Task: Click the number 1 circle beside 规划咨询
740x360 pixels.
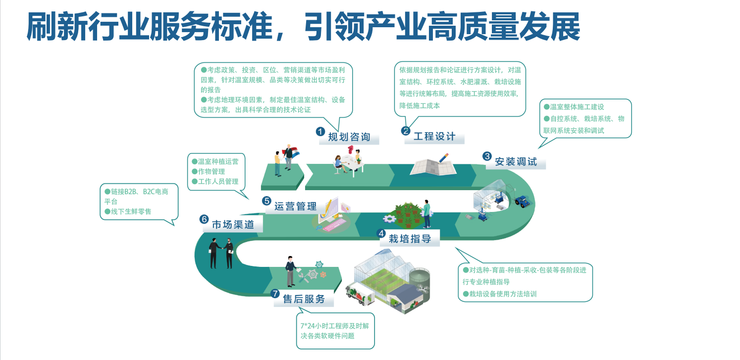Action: click(320, 131)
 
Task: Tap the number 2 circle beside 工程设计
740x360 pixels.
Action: click(406, 131)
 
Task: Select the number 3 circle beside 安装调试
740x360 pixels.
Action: click(487, 156)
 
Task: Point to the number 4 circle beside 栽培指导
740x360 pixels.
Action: click(381, 233)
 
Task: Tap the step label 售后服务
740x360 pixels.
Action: click(304, 299)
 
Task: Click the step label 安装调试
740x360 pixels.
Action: click(516, 162)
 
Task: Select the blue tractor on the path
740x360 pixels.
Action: click(522, 201)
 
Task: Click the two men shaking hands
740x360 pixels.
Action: click(221, 253)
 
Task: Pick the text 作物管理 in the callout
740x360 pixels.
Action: click(211, 171)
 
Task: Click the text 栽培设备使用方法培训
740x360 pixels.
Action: click(502, 294)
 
